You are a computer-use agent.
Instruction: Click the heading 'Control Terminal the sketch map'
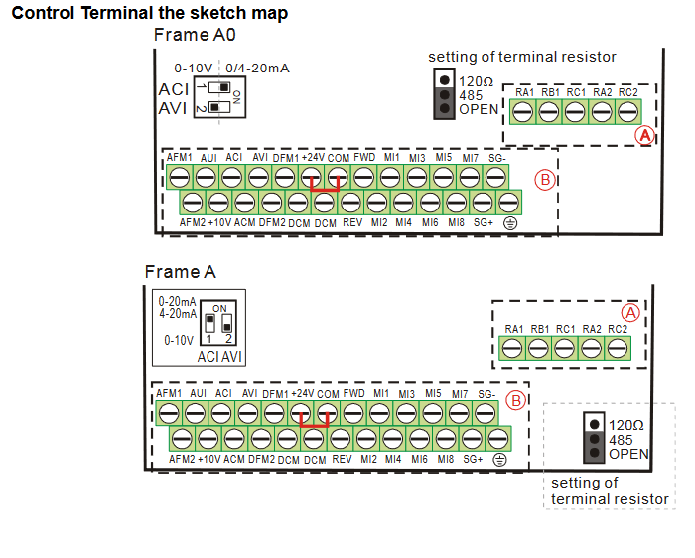click(149, 14)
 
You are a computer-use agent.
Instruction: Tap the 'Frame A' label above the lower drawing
click(180, 271)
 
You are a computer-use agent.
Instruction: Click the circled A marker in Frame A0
click(645, 134)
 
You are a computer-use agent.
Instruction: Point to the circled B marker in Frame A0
click(544, 180)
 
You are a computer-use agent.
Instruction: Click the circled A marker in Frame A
click(629, 311)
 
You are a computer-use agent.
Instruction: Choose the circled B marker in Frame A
click(515, 401)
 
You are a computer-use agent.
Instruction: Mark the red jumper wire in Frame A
click(315, 424)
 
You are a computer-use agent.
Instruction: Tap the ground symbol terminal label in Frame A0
click(511, 223)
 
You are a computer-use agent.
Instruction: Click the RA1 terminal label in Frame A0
click(525, 92)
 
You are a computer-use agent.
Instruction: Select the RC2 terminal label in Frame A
click(618, 329)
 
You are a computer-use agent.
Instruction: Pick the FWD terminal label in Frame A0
click(364, 158)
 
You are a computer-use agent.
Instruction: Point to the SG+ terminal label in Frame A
click(472, 460)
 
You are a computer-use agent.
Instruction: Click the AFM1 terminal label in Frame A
click(169, 394)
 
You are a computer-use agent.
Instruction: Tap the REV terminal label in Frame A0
click(352, 223)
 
